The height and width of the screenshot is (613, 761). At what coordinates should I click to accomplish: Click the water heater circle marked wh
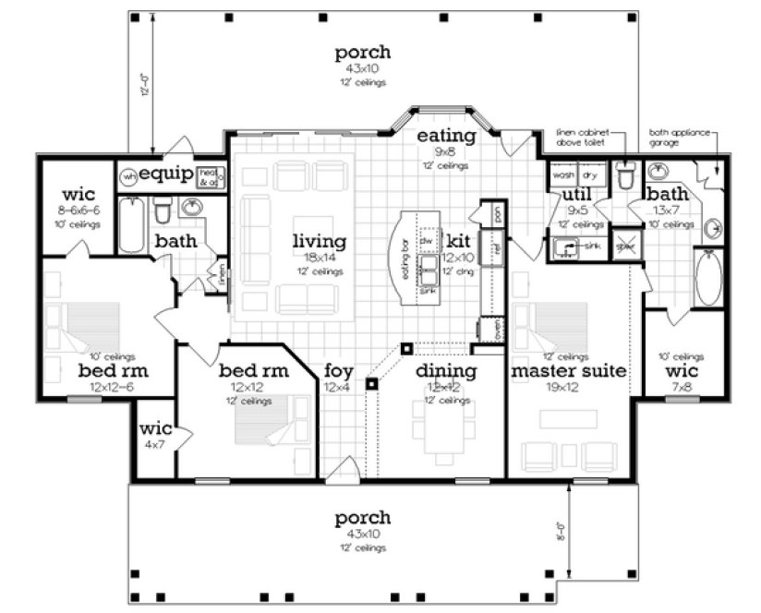pos(130,175)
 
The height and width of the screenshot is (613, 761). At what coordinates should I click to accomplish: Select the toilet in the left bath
pos(163,210)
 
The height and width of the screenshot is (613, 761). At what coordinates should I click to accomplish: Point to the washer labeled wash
pos(563,174)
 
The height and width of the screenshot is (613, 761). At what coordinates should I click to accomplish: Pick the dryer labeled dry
pos(590,174)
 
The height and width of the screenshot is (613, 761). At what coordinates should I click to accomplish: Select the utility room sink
pos(565,246)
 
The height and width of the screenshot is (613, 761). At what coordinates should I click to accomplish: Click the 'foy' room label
pos(338,371)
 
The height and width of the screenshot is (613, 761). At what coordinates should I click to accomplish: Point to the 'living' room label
pos(319,242)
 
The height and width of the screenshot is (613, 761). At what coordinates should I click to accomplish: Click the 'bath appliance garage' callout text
pos(679,138)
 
